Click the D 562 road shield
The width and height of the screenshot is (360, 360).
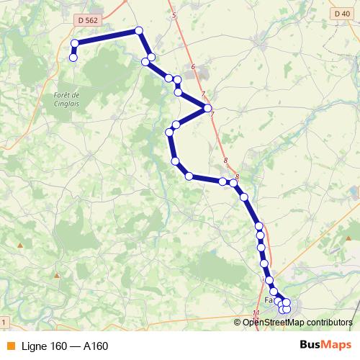point(86,21)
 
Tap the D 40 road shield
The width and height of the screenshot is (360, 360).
point(342,13)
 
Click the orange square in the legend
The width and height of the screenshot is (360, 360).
point(10,346)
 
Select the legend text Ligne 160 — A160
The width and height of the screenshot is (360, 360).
point(65,346)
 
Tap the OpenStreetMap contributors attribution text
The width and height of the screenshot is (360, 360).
point(297,322)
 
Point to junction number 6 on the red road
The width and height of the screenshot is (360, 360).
point(193,67)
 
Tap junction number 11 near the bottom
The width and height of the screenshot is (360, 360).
point(256,312)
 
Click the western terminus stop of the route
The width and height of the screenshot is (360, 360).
point(73,57)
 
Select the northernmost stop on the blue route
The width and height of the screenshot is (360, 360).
point(139,31)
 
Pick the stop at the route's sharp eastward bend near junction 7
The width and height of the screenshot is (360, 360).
point(208,108)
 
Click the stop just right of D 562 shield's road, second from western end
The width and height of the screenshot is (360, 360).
point(75,44)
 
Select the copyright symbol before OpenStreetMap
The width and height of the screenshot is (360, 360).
point(238,322)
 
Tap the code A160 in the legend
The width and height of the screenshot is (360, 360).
point(95,346)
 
